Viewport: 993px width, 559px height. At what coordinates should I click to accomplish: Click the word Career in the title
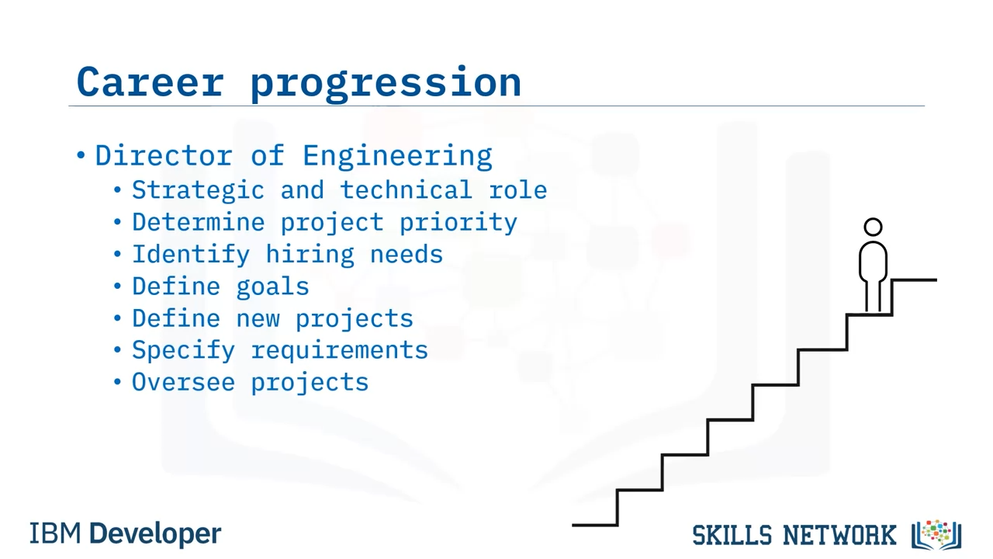click(x=151, y=82)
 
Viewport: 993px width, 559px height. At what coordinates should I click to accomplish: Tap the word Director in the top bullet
click(x=164, y=155)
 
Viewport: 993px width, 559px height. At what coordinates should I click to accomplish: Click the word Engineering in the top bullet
click(x=397, y=157)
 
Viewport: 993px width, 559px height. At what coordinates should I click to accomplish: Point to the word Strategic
click(x=198, y=191)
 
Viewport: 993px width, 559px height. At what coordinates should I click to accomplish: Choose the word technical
click(x=406, y=190)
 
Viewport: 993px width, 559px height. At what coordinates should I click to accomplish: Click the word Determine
click(x=198, y=222)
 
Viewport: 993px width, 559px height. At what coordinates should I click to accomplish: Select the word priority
click(x=458, y=223)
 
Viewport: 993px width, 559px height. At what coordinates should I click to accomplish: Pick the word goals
click(x=272, y=287)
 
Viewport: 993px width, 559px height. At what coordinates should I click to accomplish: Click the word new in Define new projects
click(x=258, y=319)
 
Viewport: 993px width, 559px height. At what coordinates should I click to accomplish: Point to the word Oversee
click(x=183, y=383)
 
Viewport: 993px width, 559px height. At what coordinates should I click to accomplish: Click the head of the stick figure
click(x=873, y=227)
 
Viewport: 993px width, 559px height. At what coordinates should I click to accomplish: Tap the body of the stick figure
click(x=873, y=262)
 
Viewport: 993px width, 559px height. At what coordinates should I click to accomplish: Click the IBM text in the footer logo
click(x=55, y=533)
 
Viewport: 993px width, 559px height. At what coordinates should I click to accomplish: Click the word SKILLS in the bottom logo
click(x=732, y=535)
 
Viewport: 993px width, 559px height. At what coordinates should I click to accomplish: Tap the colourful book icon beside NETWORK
click(x=936, y=535)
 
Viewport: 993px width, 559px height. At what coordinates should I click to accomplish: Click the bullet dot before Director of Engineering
click(x=81, y=155)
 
